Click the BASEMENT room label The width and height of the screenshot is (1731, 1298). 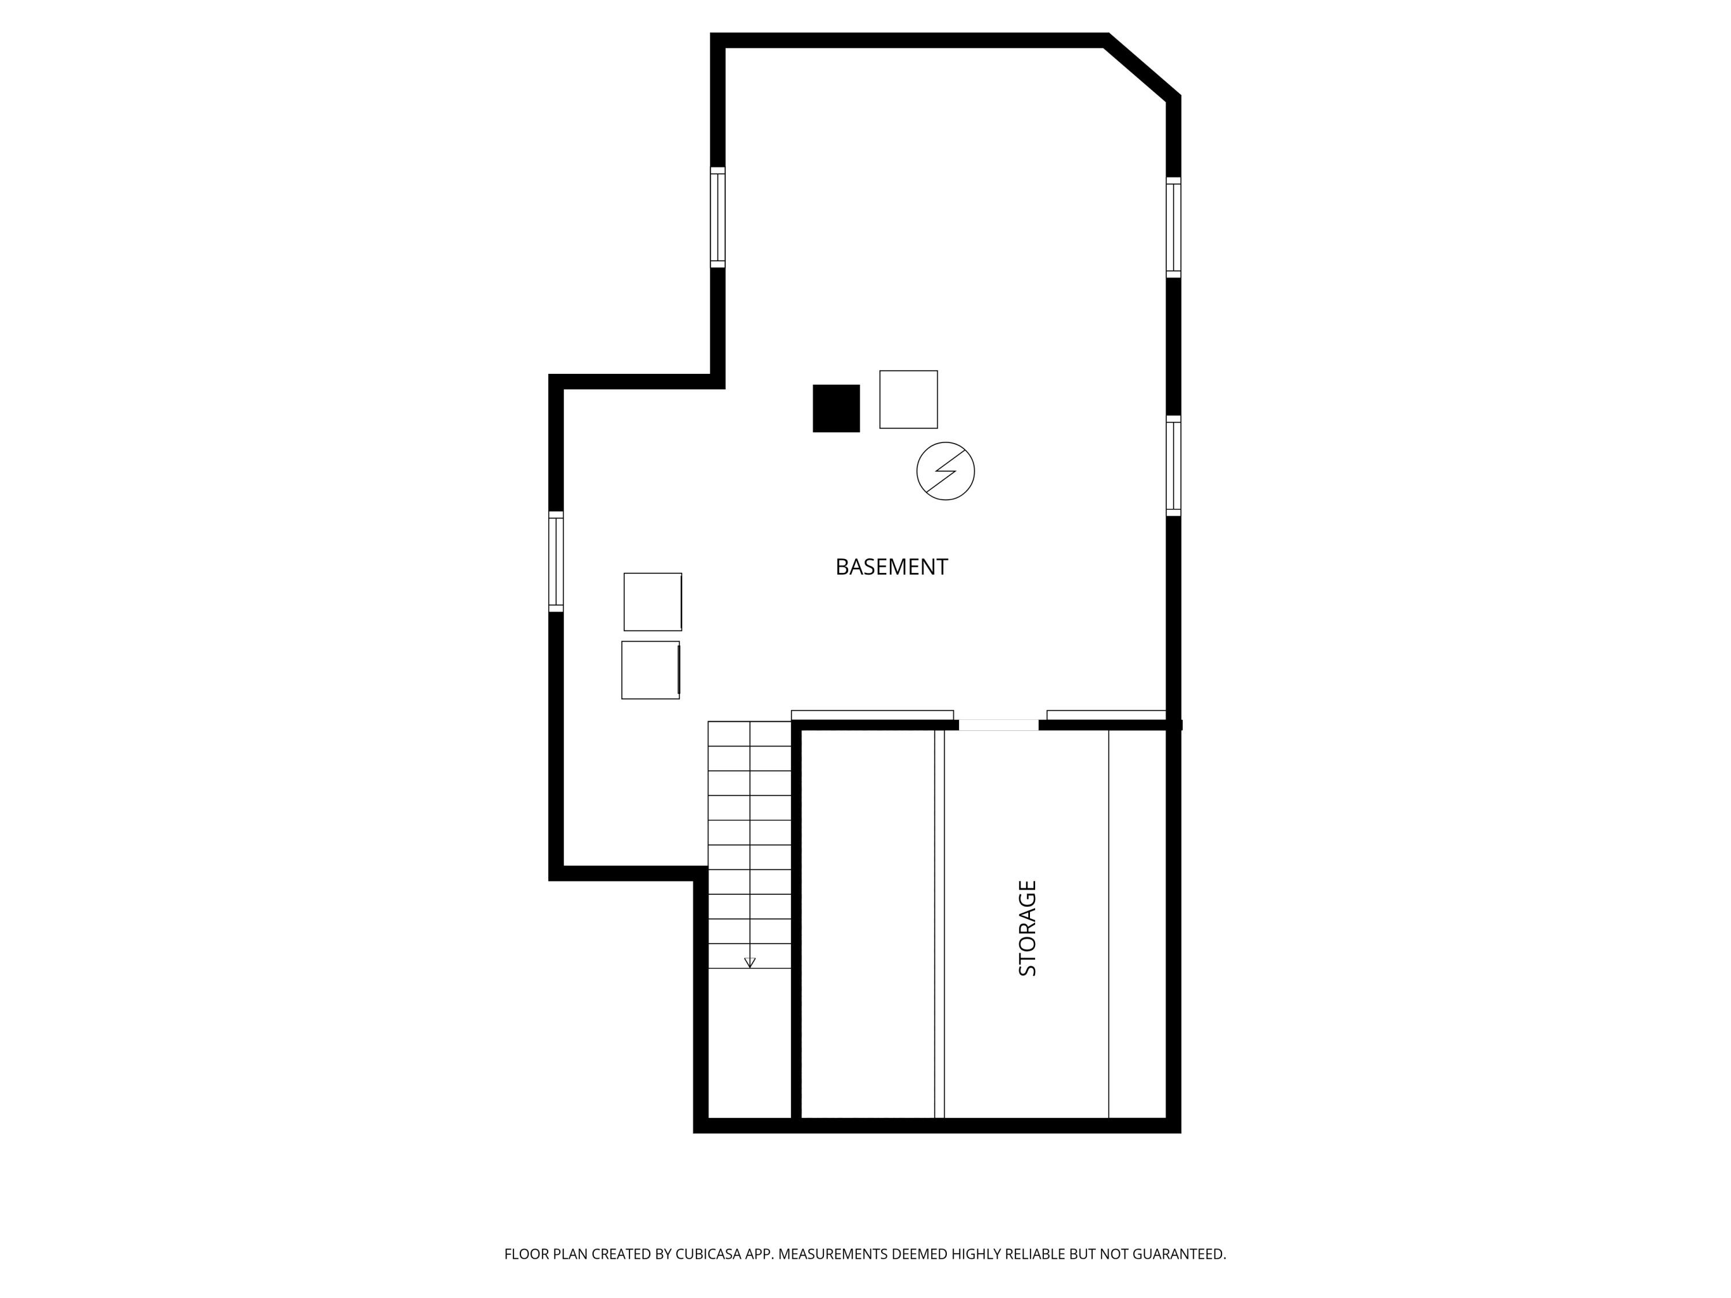(891, 567)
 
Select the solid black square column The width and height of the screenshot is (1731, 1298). (835, 408)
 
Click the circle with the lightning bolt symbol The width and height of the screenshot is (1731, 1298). (945, 471)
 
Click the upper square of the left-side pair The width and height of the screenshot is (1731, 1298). (653, 602)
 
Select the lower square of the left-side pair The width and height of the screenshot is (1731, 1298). (650, 670)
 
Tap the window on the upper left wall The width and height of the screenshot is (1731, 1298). (718, 217)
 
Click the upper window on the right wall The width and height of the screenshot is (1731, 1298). (1173, 227)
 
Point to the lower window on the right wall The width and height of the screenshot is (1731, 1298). (1173, 466)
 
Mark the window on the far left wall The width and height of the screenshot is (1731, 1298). (556, 561)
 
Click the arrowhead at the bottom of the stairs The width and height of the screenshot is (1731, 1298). (750, 962)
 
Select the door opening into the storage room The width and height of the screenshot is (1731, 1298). (999, 725)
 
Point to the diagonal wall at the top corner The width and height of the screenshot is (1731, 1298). (1142, 67)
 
